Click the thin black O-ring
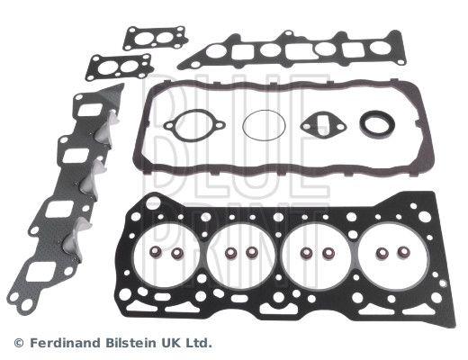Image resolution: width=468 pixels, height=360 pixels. [x=243, y=126]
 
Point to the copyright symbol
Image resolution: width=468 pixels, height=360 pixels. [x=19, y=343]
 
